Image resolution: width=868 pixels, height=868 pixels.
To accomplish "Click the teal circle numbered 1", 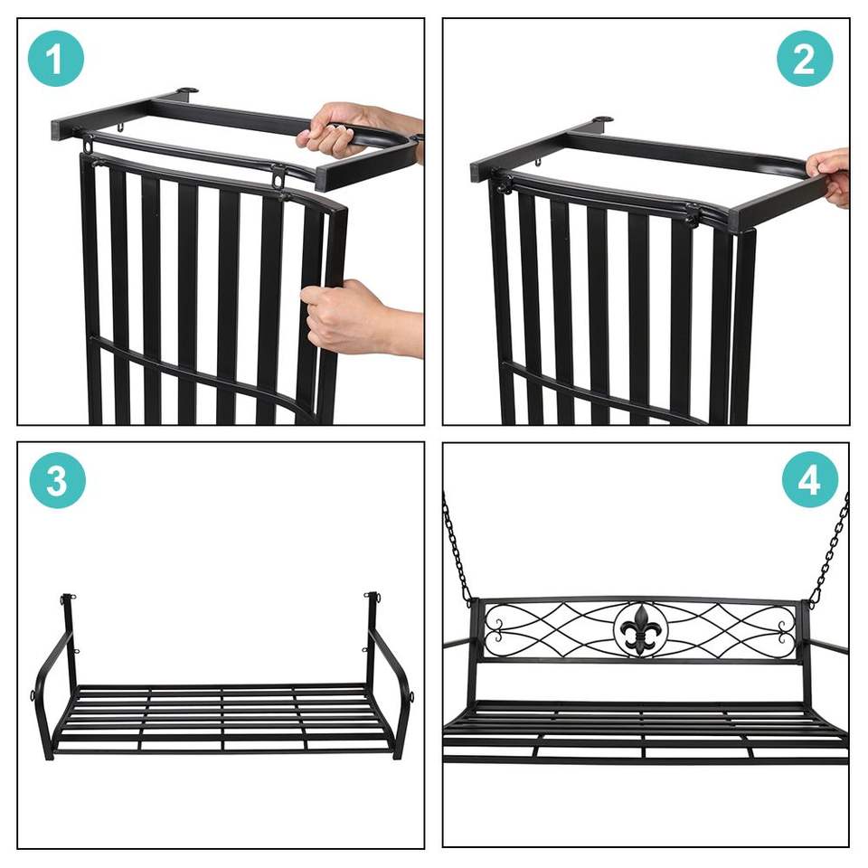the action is click(x=56, y=58).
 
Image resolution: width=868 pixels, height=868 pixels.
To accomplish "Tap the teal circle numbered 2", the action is click(x=805, y=58).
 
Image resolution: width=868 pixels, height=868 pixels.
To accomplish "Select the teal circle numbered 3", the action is click(x=58, y=480).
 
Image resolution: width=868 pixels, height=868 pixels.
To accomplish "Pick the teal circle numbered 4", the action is click(x=810, y=480).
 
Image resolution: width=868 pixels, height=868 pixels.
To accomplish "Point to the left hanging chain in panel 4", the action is click(x=458, y=548).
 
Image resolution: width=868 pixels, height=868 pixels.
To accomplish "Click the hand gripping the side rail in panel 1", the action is click(x=360, y=318).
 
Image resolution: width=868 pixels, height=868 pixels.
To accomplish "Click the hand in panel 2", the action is click(x=829, y=176).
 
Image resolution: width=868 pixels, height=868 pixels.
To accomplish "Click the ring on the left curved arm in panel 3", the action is click(x=33, y=694).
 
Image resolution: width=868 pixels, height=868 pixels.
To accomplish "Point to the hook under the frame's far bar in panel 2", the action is click(x=539, y=162).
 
